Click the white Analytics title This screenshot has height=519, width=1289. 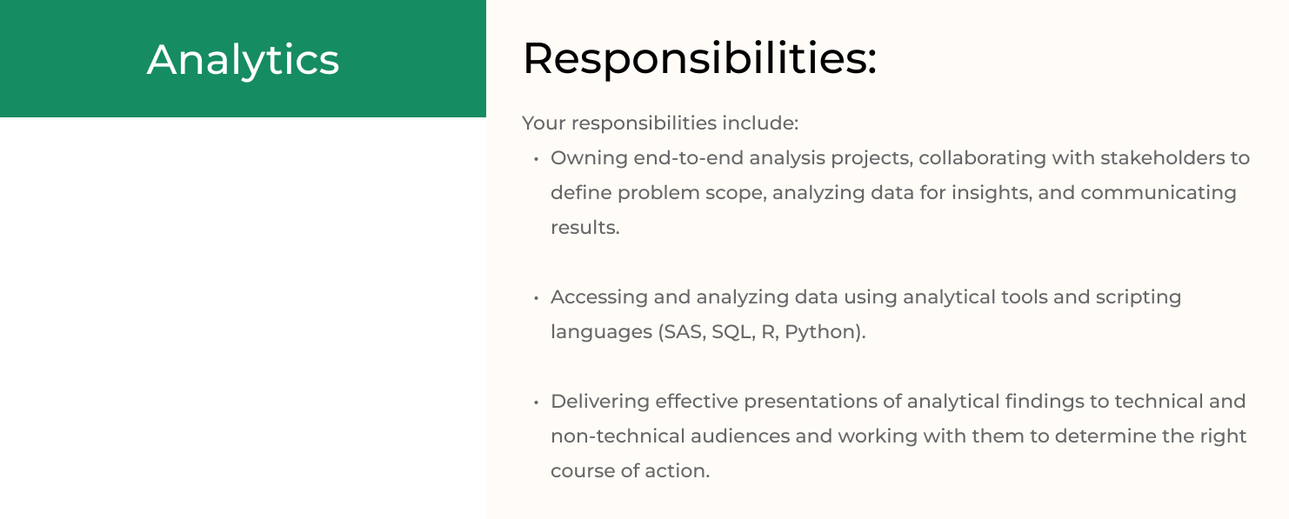pos(243,60)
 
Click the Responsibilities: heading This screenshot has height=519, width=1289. pos(700,59)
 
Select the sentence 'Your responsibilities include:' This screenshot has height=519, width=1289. pos(660,123)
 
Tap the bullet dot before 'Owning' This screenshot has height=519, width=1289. pos(536,159)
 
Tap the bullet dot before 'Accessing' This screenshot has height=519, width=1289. pos(536,298)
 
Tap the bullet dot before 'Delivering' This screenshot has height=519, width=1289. pos(536,403)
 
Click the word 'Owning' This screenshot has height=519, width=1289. pos(589,158)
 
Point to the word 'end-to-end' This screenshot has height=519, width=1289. pos(688,158)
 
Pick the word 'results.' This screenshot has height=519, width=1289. pos(584,227)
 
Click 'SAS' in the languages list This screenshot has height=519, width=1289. pos(683,332)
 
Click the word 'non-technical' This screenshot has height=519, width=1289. pos(618,436)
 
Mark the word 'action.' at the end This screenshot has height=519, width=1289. pos(677,471)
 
